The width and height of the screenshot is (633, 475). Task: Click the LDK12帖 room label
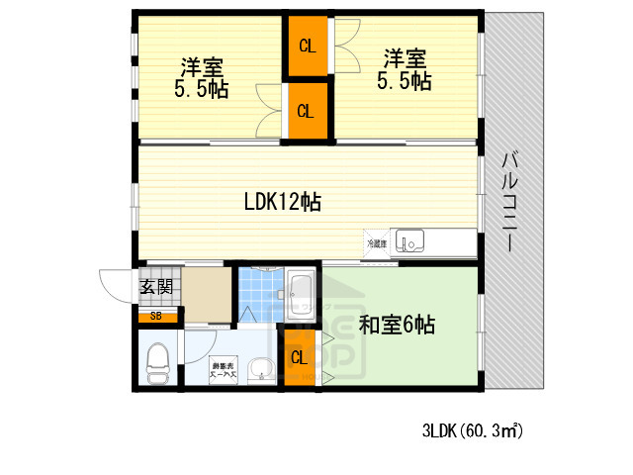[x=282, y=202]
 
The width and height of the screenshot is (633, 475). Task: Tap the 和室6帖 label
[x=397, y=325]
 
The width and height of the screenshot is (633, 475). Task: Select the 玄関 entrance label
[x=156, y=288]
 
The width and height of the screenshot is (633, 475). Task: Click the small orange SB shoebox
[x=156, y=317]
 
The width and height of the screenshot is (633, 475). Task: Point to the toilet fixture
[x=158, y=362]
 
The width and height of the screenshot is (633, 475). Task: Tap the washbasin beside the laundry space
[x=262, y=371]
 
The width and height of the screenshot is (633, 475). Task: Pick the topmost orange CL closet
[x=307, y=46]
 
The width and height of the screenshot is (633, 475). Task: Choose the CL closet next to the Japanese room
[x=298, y=358]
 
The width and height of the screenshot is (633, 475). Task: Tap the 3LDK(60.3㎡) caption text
[x=472, y=431]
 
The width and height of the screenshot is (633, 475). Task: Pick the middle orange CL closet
[x=307, y=111]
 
